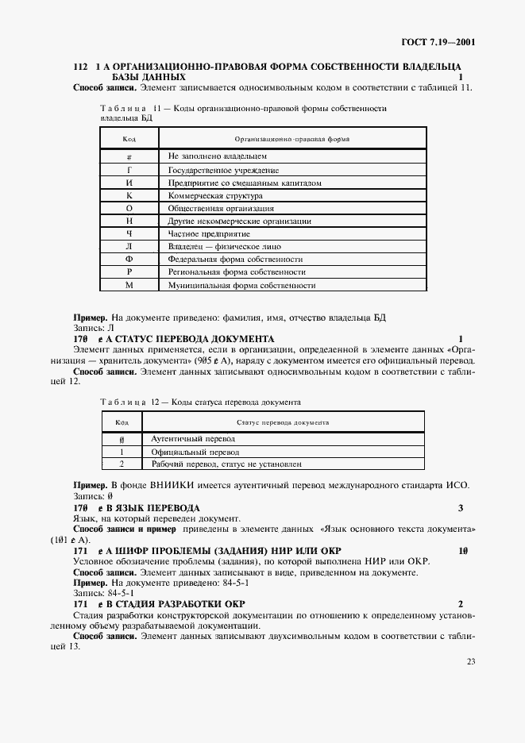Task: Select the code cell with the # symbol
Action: click(129, 157)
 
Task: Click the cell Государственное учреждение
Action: click(223, 171)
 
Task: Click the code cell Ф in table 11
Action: click(129, 260)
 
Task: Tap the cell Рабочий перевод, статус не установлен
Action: click(226, 464)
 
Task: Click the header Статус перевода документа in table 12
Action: click(283, 422)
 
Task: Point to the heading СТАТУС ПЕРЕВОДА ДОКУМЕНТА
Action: click(195, 337)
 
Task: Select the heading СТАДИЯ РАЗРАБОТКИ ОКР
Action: click(178, 604)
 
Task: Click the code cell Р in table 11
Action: click(129, 272)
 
